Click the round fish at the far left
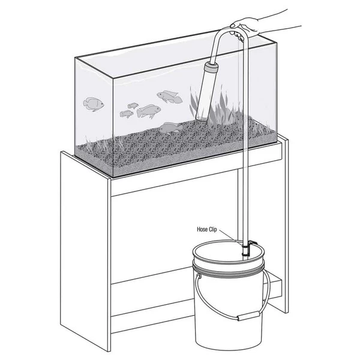[x=94, y=103]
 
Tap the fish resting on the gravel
[x=171, y=127]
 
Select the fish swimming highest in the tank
[x=169, y=96]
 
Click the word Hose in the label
[x=204, y=229]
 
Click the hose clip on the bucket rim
[x=247, y=248]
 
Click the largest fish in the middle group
[x=149, y=111]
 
